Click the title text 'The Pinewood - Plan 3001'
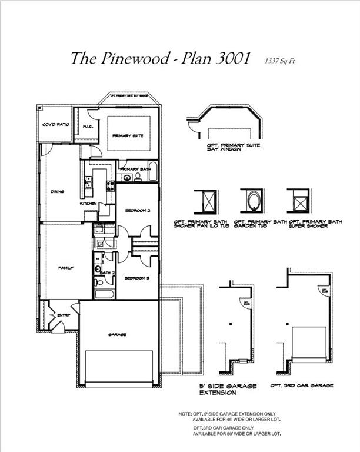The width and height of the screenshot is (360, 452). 161,58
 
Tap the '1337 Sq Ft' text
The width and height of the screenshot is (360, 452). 281,60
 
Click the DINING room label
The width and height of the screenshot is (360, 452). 57,192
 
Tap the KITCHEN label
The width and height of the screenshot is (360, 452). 88,204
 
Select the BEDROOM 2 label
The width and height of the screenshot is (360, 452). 139,210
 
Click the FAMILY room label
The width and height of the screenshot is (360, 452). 65,268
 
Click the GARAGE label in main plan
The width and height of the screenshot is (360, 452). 117,334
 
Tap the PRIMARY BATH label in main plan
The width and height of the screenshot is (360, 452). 135,169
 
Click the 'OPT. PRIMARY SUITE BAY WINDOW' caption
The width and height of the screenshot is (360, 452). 233,147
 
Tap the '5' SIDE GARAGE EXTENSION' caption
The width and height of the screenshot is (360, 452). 228,388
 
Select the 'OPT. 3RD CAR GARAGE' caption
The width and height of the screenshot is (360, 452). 301,385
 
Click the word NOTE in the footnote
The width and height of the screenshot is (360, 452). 185,414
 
